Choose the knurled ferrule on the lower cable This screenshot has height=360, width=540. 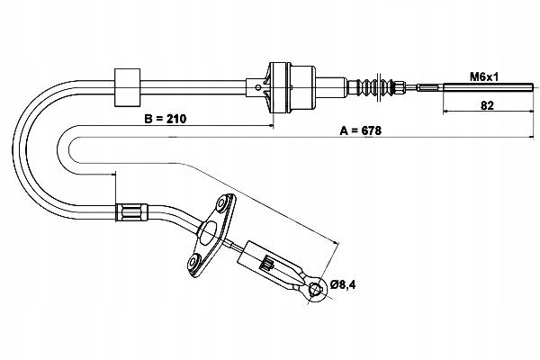coord(131,213)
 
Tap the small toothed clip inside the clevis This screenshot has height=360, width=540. coord(267,264)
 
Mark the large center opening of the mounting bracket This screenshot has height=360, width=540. coord(209,233)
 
